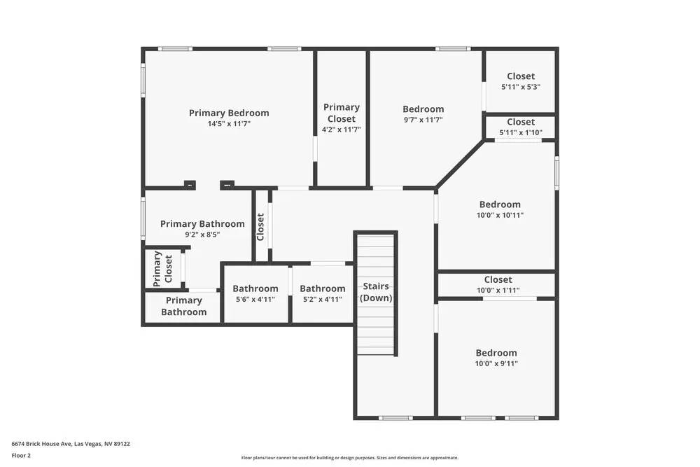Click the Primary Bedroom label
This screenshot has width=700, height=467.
[x=229, y=113]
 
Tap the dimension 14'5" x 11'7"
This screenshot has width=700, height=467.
[x=229, y=124]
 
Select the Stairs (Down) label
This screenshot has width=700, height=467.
[x=376, y=292]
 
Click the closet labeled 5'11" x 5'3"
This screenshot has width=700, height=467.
[x=520, y=81]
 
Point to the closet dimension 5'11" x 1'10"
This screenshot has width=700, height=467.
[x=520, y=133]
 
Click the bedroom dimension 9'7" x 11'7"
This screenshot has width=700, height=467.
[x=423, y=120]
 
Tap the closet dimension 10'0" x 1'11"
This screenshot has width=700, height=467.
[x=498, y=290]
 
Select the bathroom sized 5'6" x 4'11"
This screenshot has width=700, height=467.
[x=255, y=293]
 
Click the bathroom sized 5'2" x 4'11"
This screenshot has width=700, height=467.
[x=322, y=293]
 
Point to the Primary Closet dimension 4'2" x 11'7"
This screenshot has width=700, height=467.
[x=341, y=130]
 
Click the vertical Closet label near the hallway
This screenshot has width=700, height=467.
[x=260, y=227]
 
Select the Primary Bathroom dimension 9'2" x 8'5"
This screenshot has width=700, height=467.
[x=202, y=235]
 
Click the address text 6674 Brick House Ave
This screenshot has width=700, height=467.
[x=71, y=443]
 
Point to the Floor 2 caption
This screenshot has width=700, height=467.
[x=21, y=455]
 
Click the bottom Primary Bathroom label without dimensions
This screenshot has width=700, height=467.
[x=183, y=306]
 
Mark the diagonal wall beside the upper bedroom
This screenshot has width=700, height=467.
[x=461, y=164]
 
